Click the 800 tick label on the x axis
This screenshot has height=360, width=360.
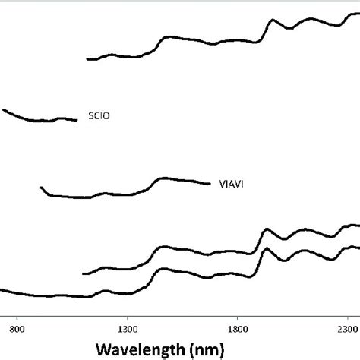click(18, 329)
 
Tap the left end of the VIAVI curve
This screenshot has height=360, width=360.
click(41, 188)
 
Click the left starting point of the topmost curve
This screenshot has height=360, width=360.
click(89, 58)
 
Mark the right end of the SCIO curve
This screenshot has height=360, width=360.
click(77, 119)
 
